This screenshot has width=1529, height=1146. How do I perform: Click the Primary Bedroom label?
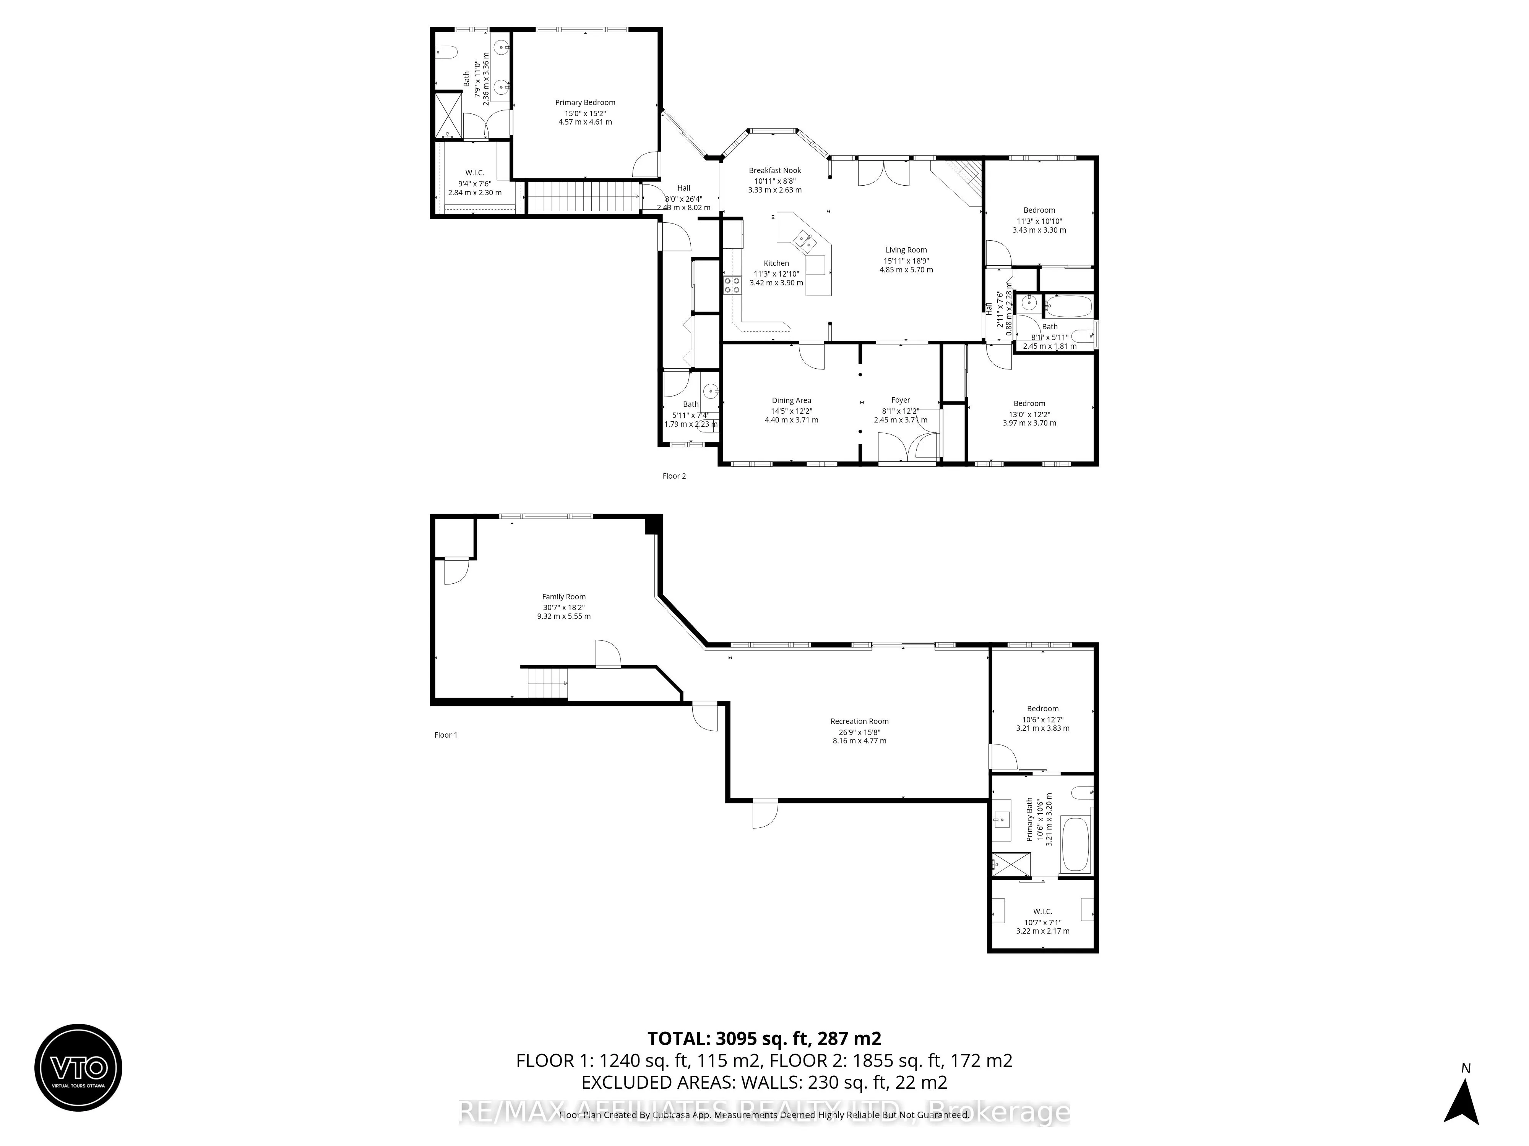(585, 103)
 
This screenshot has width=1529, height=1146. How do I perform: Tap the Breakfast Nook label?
(775, 171)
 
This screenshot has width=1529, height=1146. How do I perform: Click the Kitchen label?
(776, 263)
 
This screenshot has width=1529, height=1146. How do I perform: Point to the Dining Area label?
(792, 401)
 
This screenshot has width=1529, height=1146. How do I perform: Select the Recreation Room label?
(859, 721)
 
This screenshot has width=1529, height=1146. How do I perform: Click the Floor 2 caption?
(674, 476)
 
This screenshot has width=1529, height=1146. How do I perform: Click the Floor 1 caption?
(446, 735)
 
